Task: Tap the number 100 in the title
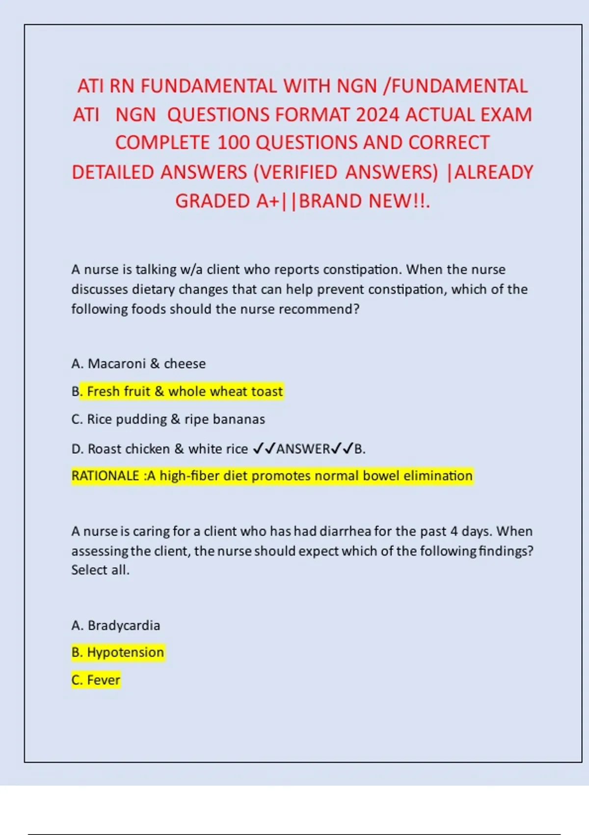click(x=234, y=143)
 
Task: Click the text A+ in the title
click(x=267, y=201)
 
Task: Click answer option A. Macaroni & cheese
click(x=138, y=364)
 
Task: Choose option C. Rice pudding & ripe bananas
click(x=168, y=419)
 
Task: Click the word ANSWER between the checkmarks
click(x=303, y=449)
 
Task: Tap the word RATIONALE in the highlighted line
click(x=105, y=476)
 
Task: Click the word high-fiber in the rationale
click(x=189, y=476)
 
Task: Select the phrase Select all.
click(x=100, y=570)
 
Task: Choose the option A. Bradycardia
click(x=116, y=626)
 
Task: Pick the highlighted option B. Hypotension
click(x=118, y=653)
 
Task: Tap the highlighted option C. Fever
click(x=96, y=680)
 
